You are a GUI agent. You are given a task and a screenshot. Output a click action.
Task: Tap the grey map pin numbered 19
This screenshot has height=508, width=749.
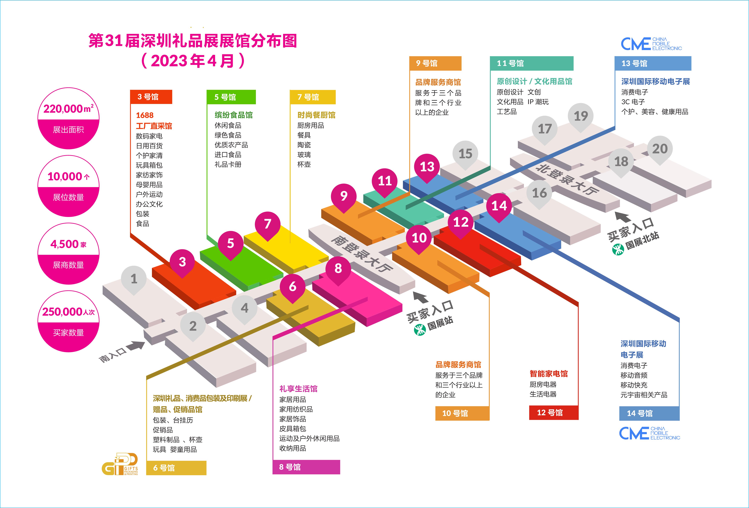tap(581, 116)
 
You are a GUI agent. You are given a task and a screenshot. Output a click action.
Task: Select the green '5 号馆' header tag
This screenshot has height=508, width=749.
tap(231, 97)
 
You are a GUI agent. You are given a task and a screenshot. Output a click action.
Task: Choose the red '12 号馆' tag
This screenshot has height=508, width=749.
tap(553, 413)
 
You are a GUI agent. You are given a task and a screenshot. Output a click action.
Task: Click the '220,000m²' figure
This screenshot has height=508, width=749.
tap(68, 109)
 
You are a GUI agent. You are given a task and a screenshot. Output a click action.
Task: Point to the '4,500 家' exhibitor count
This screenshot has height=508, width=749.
tap(68, 244)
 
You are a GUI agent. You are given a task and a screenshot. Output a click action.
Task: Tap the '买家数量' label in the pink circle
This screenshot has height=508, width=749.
tap(68, 332)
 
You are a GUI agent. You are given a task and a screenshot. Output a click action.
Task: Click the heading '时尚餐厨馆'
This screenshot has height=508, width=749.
tap(316, 115)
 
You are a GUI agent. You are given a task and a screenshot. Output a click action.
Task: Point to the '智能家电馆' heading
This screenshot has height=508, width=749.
tap(549, 374)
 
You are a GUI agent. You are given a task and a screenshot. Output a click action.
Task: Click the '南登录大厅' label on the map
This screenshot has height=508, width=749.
tap(362, 254)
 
